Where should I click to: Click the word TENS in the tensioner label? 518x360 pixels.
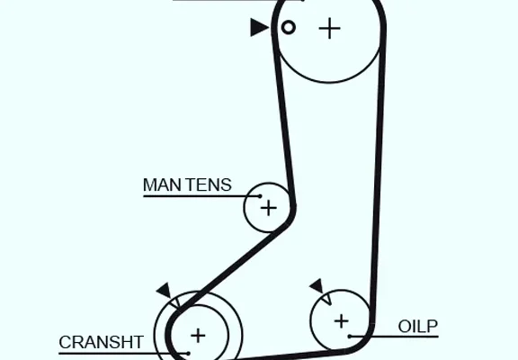[x=208, y=185]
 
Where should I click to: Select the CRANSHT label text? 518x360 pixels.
[x=101, y=343]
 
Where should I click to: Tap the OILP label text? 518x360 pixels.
[x=418, y=327]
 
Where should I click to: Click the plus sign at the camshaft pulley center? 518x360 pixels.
[x=329, y=29]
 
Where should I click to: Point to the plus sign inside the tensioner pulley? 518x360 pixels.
[x=269, y=209]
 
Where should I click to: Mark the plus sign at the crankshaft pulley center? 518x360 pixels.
[x=198, y=336]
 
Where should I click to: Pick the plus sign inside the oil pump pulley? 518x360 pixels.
[x=341, y=321]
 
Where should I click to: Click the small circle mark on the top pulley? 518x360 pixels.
[x=289, y=27]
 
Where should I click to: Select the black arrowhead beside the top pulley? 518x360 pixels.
[x=259, y=27]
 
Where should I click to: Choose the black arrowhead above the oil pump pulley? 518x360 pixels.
[x=317, y=286]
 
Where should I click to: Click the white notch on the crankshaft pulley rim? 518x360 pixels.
[x=175, y=301]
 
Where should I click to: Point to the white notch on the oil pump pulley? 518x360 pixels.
[x=326, y=299]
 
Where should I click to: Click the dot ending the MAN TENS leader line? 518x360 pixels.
[x=260, y=196]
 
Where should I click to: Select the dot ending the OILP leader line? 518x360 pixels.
[x=350, y=337]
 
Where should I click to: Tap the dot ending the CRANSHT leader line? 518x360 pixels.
[x=188, y=354]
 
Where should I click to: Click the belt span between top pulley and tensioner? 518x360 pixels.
[x=283, y=116]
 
